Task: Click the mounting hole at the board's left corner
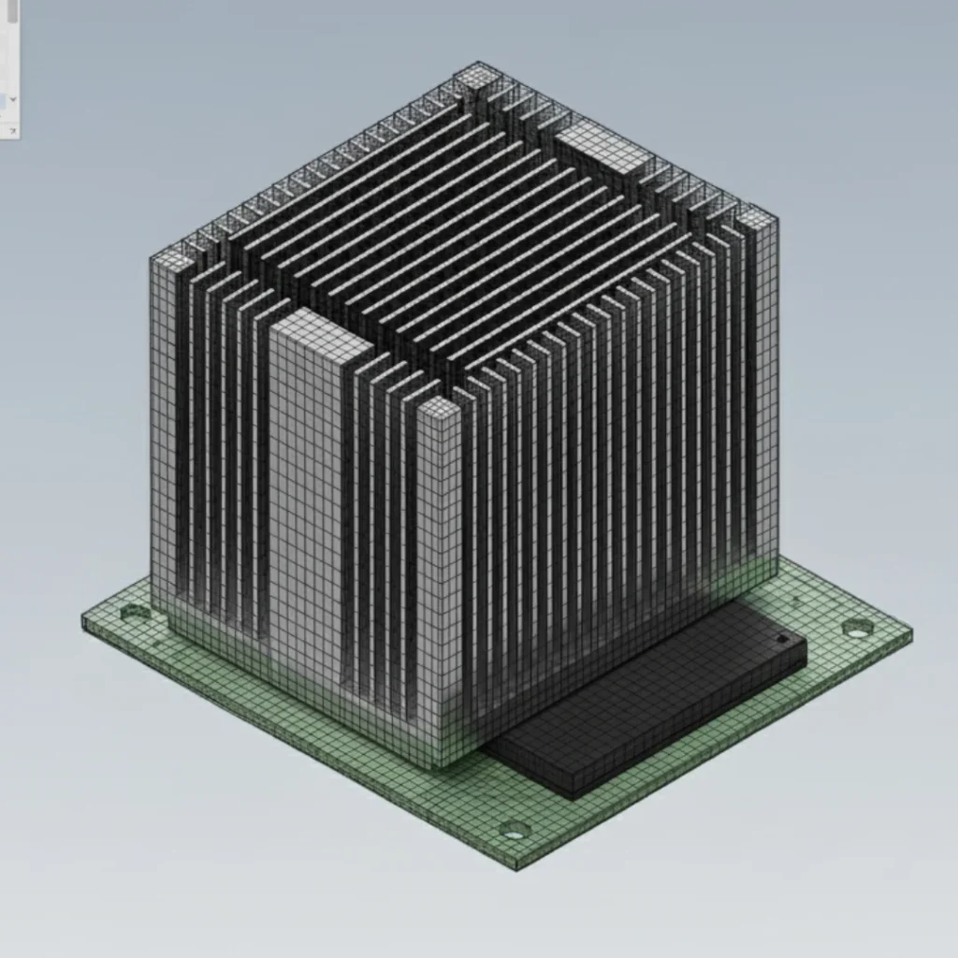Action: point(134,614)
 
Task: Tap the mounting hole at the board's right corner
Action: point(854,628)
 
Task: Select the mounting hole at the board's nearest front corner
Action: point(515,828)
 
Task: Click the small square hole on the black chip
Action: point(780,639)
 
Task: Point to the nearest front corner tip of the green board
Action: point(516,865)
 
